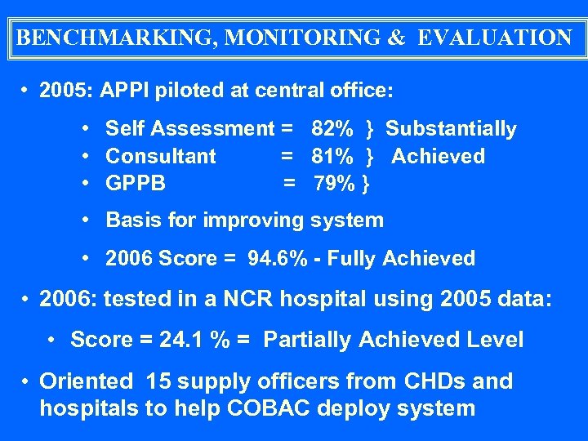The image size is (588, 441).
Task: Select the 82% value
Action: (332, 129)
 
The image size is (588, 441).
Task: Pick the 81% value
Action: (332, 156)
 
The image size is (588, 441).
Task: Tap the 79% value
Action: (336, 184)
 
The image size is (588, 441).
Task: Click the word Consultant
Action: (161, 156)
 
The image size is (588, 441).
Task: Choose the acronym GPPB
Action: (136, 184)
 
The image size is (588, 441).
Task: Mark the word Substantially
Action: (451, 129)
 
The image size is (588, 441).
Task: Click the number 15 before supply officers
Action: (157, 381)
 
